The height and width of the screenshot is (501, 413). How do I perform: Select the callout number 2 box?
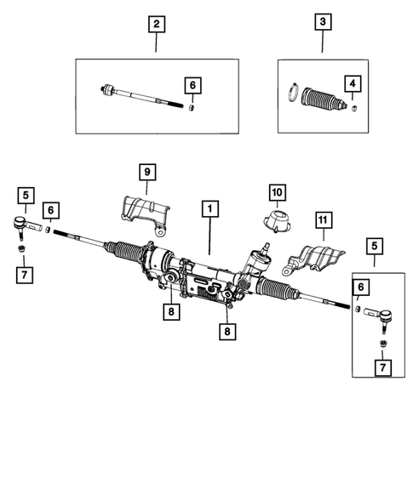coord(155,25)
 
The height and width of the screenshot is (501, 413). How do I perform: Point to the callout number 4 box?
coord(351,83)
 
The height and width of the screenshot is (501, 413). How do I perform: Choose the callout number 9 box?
coord(146,173)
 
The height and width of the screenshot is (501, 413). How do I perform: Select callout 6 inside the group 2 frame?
coord(192,85)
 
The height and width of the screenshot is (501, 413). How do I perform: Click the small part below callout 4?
coord(351,106)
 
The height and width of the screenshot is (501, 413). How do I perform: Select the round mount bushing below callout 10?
coord(278,221)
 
